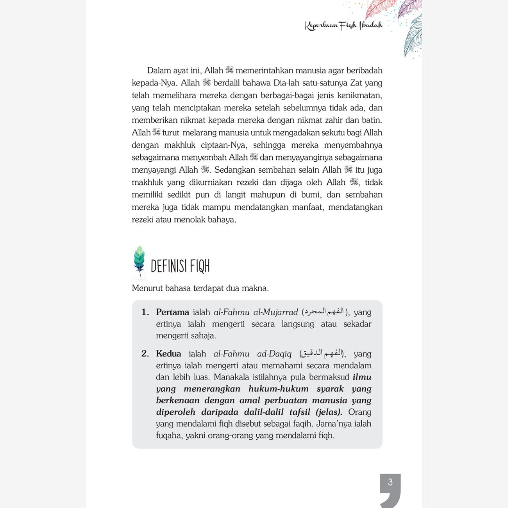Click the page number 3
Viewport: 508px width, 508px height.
point(390,482)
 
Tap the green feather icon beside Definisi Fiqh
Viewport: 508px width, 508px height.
point(139,261)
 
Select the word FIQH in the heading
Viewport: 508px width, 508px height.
point(200,267)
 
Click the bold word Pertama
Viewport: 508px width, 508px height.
point(173,312)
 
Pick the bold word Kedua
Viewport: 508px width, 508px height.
point(168,354)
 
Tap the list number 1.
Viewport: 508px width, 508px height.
point(145,312)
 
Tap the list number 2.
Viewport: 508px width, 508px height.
point(145,354)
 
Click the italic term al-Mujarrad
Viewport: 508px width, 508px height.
point(275,312)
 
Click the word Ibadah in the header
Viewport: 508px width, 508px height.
point(371,25)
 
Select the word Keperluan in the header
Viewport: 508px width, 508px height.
point(321,26)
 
